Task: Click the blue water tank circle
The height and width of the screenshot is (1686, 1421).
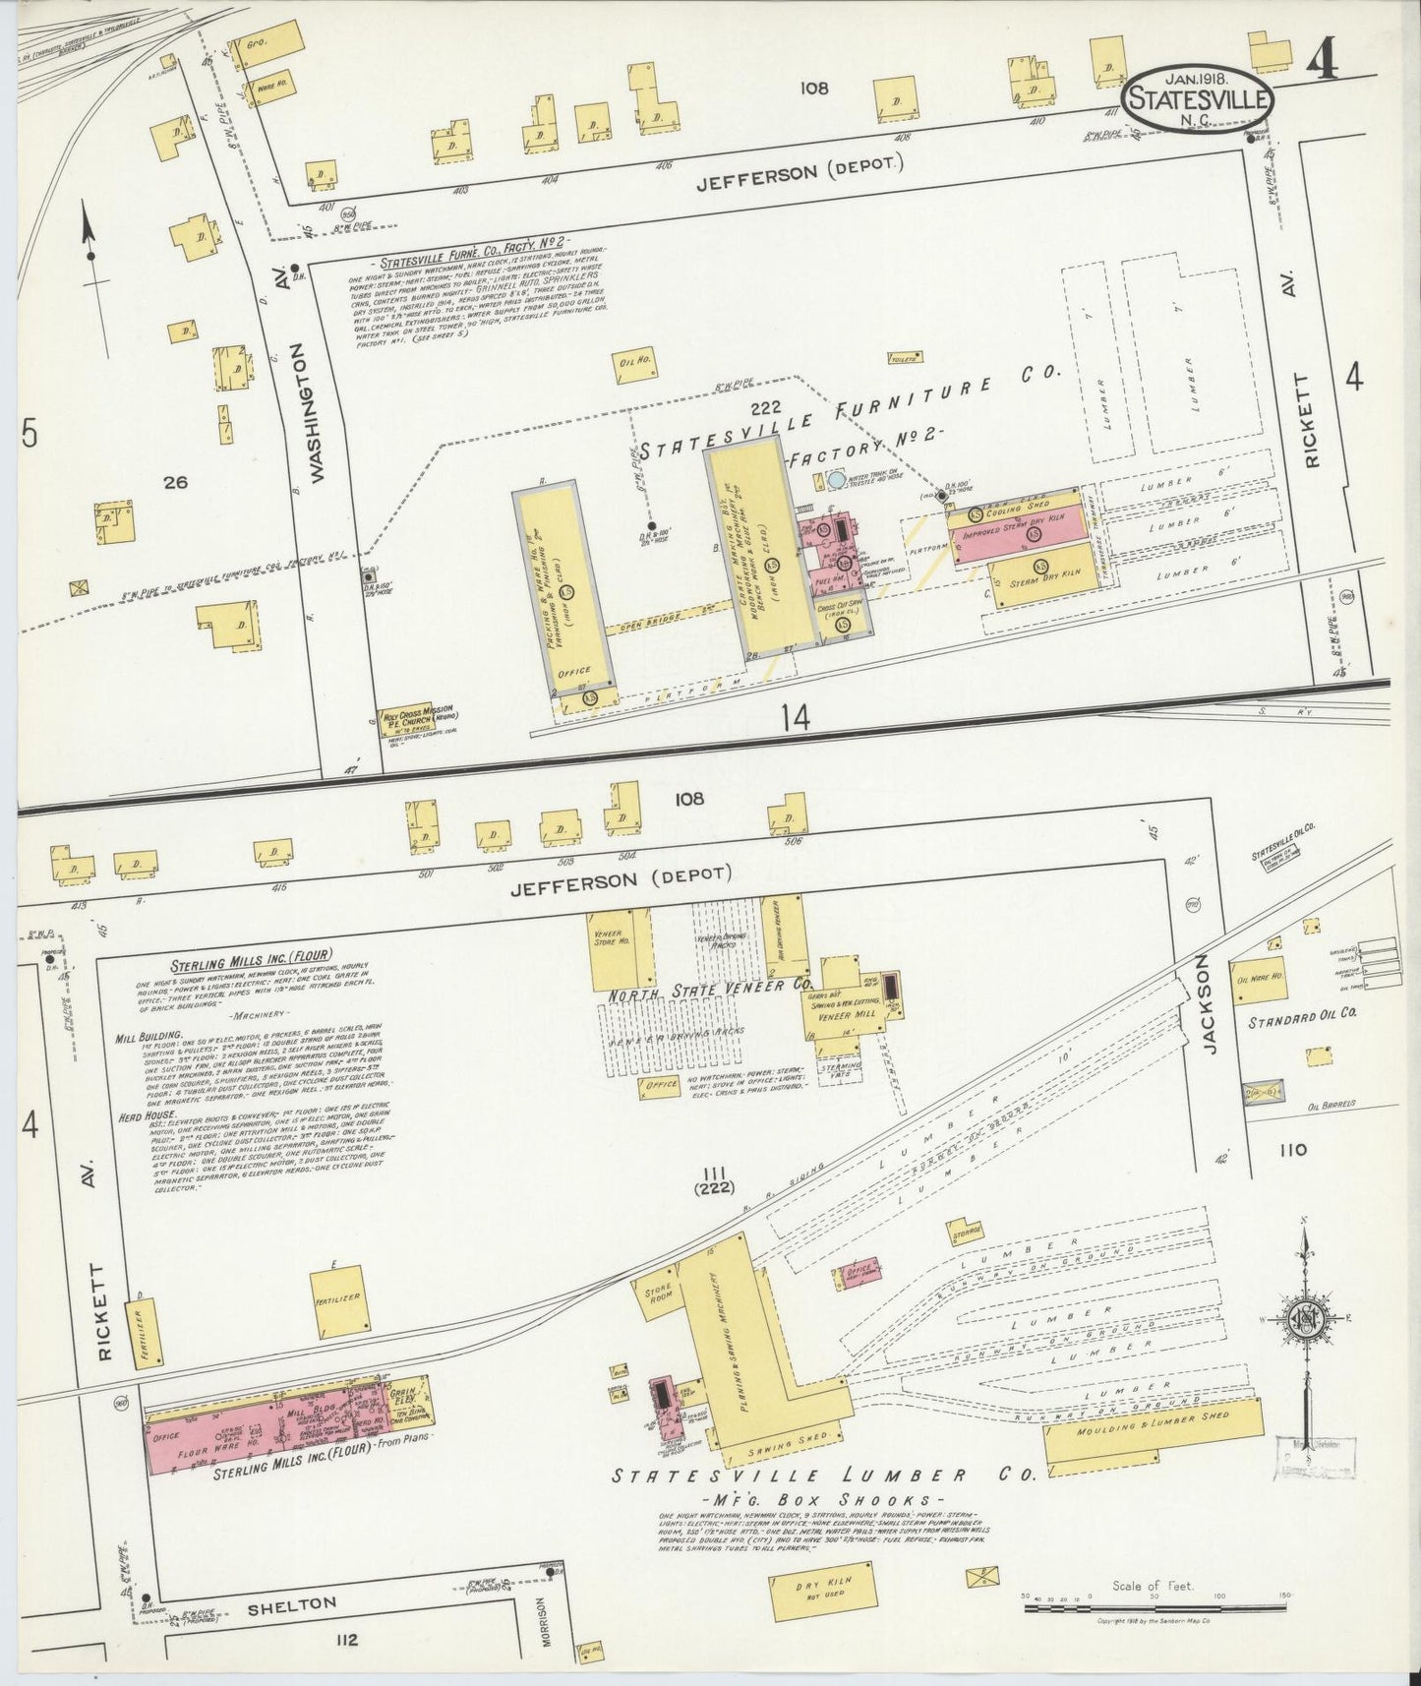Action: [835, 480]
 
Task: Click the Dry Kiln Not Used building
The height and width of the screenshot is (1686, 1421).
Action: [823, 1592]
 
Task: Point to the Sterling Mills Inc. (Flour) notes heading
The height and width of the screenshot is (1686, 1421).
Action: [252, 954]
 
